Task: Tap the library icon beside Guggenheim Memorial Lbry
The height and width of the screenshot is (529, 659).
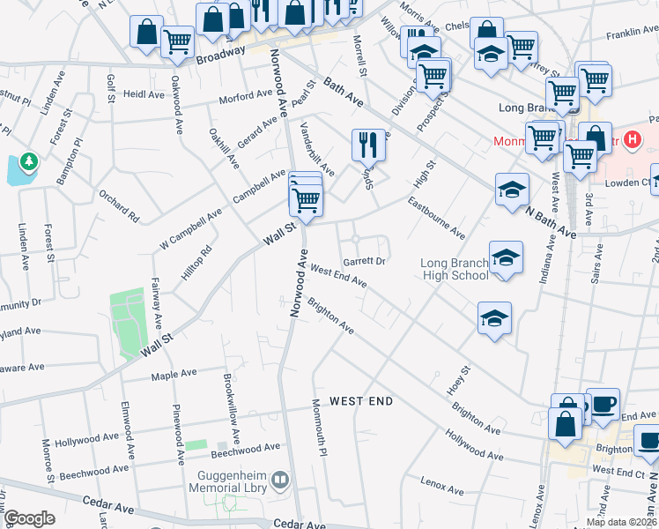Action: tap(280, 480)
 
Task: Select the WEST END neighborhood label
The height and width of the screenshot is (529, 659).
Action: tap(361, 401)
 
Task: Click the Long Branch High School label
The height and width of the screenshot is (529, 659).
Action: tap(454, 269)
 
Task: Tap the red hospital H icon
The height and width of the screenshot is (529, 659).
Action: tap(631, 139)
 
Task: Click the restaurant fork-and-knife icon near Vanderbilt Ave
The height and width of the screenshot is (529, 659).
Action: tap(368, 144)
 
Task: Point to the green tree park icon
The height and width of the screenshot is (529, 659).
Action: tap(29, 161)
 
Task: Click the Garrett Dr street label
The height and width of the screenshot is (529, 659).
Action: tap(366, 262)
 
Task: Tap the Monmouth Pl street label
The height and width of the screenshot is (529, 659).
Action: tap(320, 428)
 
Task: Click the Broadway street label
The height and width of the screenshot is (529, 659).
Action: tap(220, 55)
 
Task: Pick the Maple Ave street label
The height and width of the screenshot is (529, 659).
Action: tap(174, 375)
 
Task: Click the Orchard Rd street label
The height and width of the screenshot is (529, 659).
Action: tap(119, 205)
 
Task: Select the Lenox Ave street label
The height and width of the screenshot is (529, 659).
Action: tap(442, 487)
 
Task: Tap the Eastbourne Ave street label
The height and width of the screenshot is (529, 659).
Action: tap(437, 218)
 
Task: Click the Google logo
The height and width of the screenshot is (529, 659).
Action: tap(28, 518)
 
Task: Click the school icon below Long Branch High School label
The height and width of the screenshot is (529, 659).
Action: tap(494, 317)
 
